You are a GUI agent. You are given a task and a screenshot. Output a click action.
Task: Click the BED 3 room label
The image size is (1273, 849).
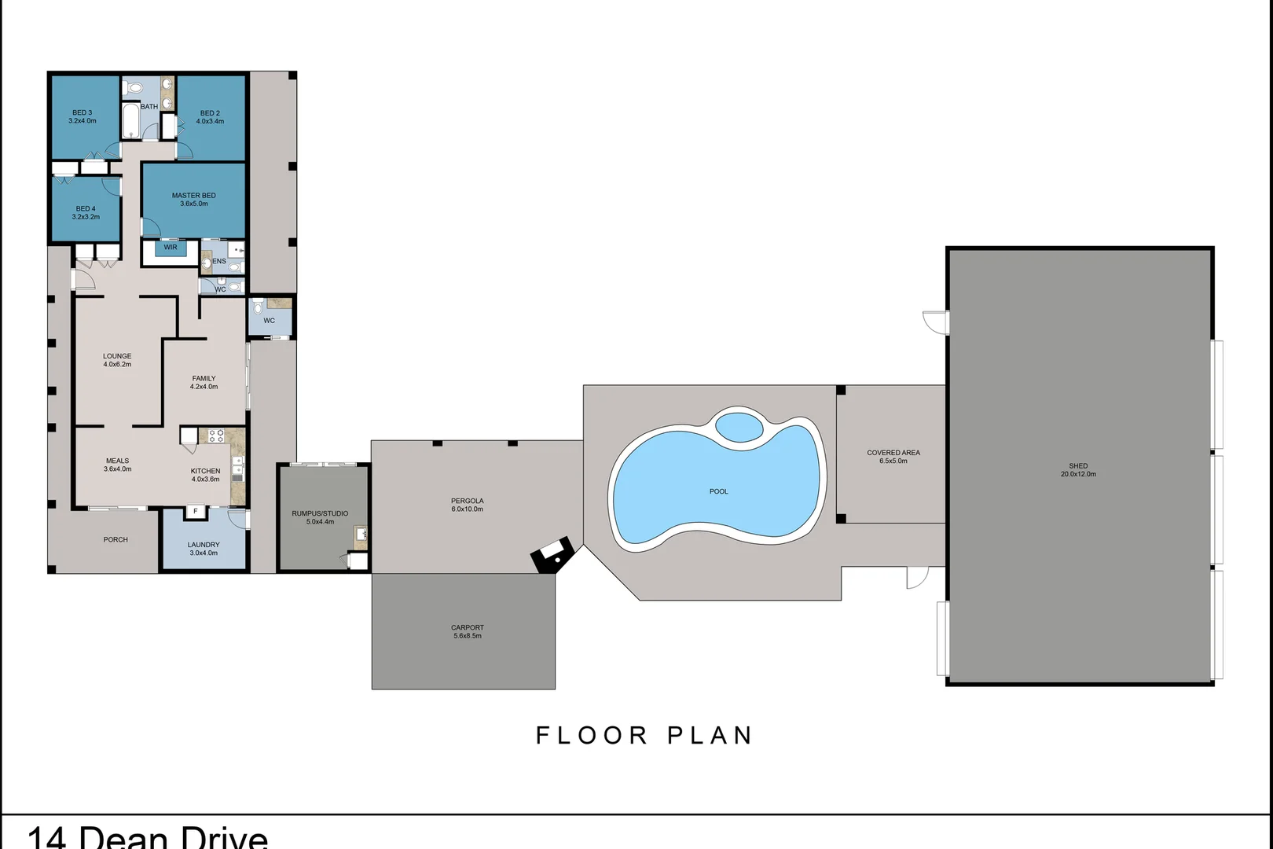pos(83,112)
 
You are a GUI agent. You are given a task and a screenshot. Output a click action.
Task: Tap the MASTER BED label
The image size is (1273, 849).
pos(194,196)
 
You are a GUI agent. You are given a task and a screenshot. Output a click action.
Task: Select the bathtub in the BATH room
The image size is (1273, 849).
pos(131,120)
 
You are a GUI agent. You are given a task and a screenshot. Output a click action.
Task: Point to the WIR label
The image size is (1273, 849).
pos(171,248)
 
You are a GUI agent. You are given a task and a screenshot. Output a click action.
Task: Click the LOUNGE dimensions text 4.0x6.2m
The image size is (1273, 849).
pos(117,365)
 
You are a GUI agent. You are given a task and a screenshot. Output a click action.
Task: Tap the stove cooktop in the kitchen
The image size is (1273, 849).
pos(216,436)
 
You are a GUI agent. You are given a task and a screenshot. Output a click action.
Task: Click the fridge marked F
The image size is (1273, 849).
pos(196,511)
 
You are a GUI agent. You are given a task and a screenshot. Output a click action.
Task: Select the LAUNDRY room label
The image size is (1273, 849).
pos(204,545)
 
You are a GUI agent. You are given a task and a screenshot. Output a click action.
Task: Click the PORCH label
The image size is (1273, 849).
pos(116,539)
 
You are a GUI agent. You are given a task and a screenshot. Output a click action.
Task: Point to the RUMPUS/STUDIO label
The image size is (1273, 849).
pos(320,513)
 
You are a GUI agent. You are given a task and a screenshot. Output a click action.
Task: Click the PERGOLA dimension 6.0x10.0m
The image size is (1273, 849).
pos(467,509)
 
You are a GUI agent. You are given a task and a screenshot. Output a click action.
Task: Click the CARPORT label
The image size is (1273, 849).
pos(467,628)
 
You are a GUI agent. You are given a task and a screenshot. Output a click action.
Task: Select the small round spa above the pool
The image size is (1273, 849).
pos(739,427)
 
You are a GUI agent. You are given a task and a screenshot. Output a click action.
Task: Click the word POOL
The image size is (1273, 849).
pos(718,491)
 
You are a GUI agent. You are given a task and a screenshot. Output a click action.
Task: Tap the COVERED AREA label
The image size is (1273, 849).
pos(893,453)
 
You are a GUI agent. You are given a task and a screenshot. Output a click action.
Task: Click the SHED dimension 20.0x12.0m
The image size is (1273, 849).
pos(1078,474)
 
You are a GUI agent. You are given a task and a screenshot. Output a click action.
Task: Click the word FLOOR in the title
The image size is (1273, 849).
pos(592,735)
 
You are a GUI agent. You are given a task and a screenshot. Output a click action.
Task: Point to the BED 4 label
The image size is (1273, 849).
pos(86,208)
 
